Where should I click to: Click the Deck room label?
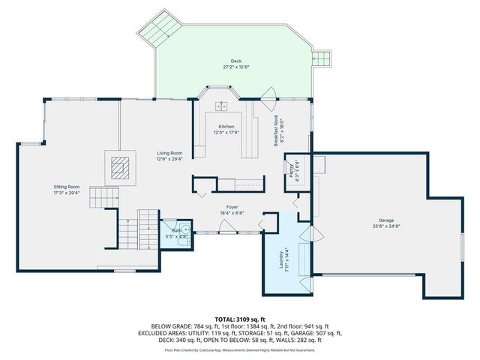(236, 61)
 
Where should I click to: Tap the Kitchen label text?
(226, 127)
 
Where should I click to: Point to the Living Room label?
(169, 153)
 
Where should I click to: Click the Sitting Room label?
(67, 186)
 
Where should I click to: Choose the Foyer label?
(232, 207)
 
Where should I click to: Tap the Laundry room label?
(281, 257)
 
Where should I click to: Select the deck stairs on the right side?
(321, 58)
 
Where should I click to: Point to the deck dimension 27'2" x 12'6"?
(236, 67)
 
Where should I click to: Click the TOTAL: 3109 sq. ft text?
(240, 319)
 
